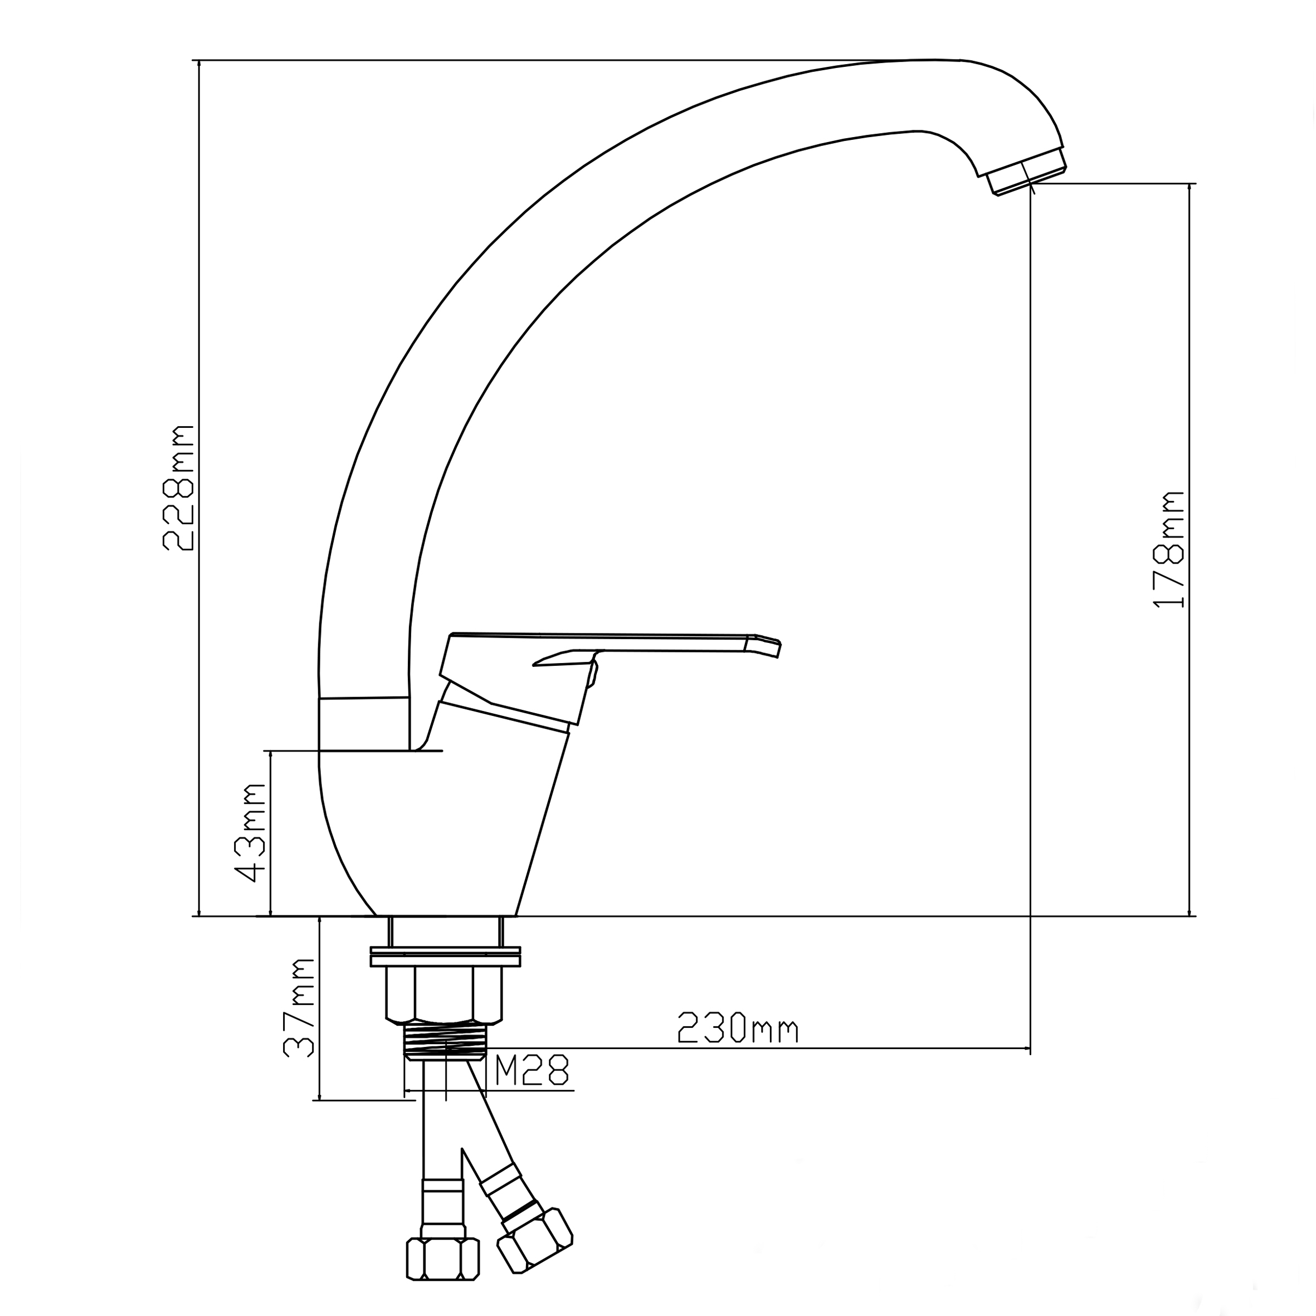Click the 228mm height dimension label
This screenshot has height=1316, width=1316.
click(178, 488)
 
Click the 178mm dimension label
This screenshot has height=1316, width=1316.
click(1169, 549)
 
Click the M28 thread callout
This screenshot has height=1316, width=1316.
click(532, 1070)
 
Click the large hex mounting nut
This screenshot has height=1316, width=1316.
click(444, 996)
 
